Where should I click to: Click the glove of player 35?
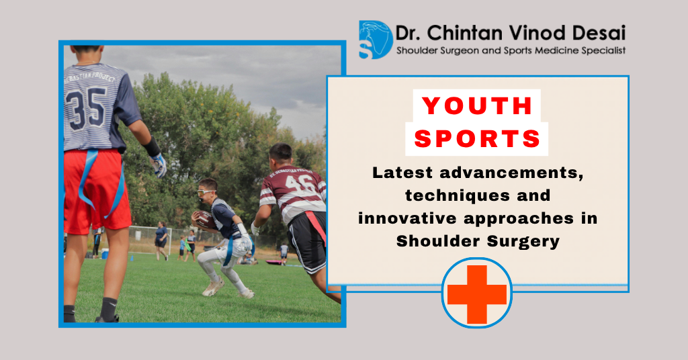point(159,164)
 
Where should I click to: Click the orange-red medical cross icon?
point(477,294)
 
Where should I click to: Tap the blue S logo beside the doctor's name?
point(375,40)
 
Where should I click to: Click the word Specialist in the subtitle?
point(602,50)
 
